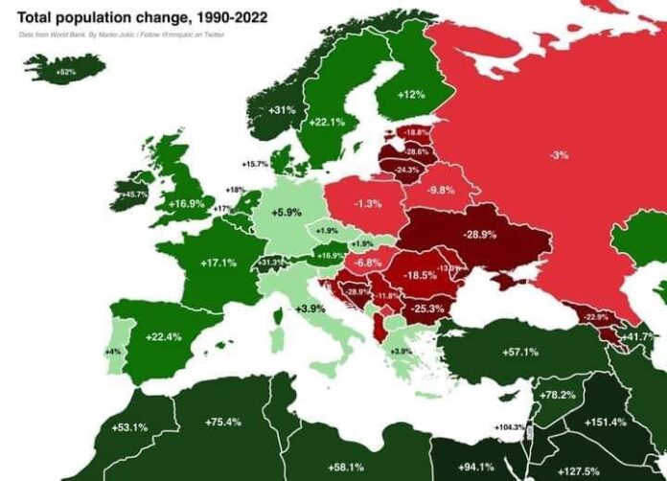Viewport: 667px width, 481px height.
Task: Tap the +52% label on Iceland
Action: click(x=65, y=72)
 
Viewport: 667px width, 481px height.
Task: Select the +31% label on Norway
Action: click(x=281, y=110)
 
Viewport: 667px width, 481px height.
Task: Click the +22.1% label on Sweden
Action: click(x=327, y=123)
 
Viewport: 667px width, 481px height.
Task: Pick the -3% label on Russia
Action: click(x=559, y=154)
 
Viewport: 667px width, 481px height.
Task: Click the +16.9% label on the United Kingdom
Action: click(x=187, y=204)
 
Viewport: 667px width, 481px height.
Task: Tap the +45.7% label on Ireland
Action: click(x=134, y=195)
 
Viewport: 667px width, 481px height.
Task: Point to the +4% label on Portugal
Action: click(x=112, y=353)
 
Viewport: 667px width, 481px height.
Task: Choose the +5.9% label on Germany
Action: click(x=287, y=212)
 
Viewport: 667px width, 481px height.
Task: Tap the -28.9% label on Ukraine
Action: click(x=479, y=235)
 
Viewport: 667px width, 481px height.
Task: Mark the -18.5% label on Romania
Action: click(x=418, y=275)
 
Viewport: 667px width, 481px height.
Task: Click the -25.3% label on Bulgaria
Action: click(x=427, y=309)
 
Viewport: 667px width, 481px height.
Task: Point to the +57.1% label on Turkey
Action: click(x=520, y=352)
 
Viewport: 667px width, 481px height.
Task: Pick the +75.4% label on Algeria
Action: click(x=222, y=422)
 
